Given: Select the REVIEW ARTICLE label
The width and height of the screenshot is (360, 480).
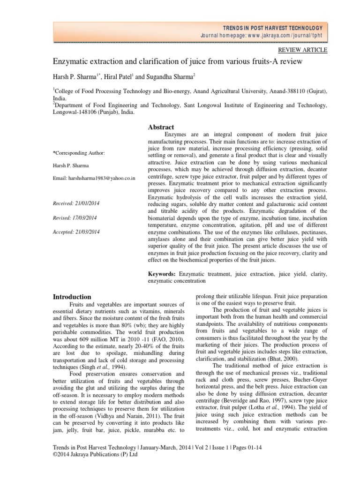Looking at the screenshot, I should tap(303, 50).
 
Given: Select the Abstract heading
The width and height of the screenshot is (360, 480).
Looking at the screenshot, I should tap(161, 127).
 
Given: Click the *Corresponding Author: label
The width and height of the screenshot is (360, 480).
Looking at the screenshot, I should tap(79, 153).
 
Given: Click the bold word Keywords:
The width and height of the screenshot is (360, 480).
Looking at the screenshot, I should tap(162, 273).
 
